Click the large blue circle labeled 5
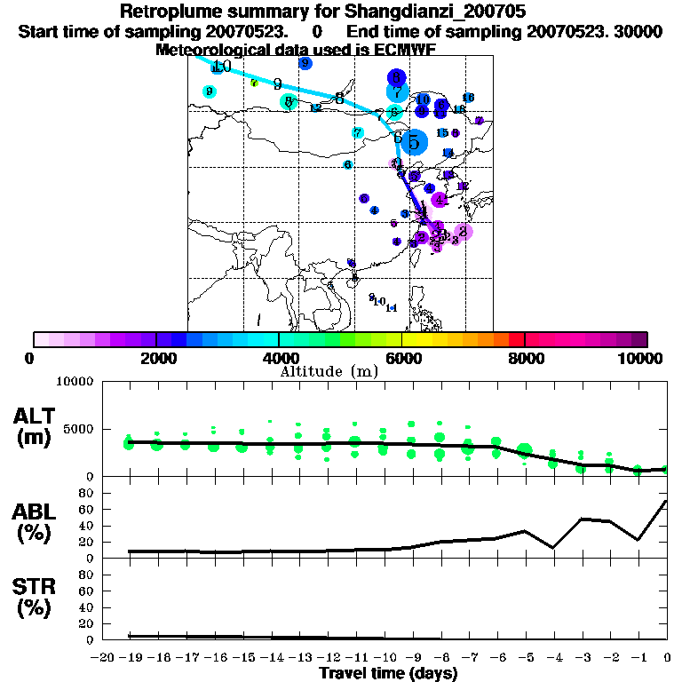[x=414, y=141]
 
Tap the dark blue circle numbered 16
[x=468, y=98]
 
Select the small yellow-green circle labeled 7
[x=254, y=83]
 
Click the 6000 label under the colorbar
[x=402, y=359]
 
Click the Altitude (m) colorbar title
[x=329, y=371]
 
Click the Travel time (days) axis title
[x=388, y=673]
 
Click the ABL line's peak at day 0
[x=666, y=501]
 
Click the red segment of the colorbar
[x=517, y=339]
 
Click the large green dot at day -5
[x=525, y=450]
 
